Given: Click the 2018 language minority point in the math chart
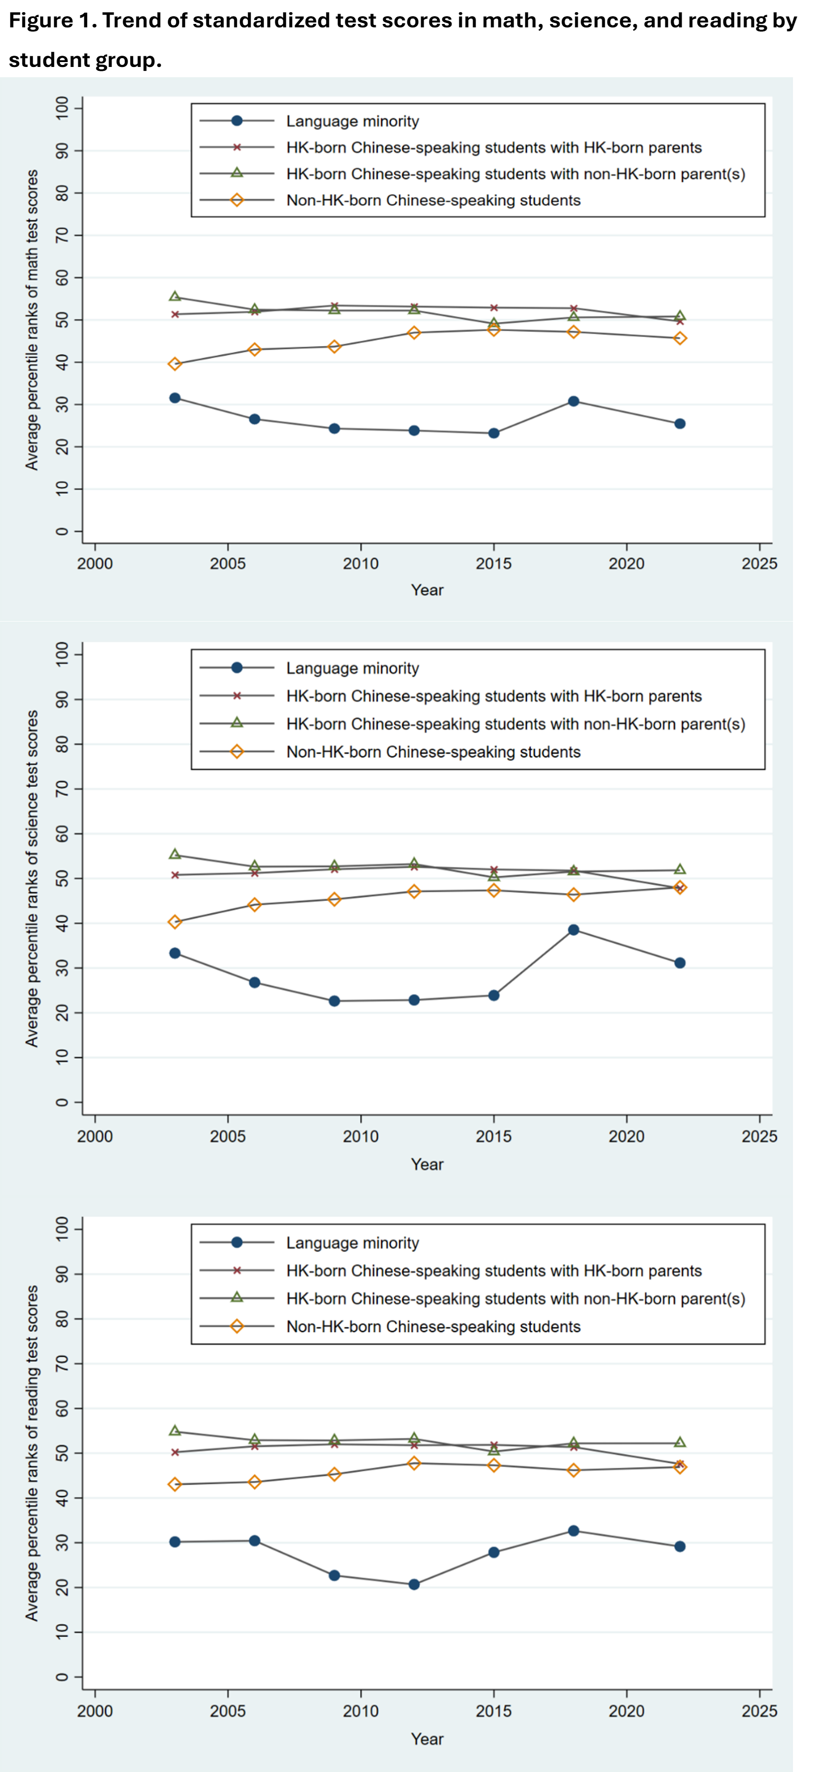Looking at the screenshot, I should pos(573,401).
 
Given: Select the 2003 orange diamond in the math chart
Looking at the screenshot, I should pos(175,364).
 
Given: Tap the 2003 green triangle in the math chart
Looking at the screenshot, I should pos(175,297).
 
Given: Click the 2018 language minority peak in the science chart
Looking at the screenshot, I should pos(573,930).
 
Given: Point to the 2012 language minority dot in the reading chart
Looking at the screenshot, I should pos(414,1584).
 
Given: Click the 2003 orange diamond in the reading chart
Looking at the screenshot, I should pos(175,1485).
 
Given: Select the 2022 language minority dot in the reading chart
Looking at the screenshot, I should pos(680,1546).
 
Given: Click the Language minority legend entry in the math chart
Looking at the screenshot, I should pos(352,121).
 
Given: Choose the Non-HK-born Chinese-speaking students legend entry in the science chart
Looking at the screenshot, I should pos(433,752).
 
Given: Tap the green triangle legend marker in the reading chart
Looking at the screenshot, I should pos(237,1297).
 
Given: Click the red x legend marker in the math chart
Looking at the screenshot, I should pos(237,147).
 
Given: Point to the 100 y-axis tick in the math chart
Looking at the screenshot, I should pos(62,108).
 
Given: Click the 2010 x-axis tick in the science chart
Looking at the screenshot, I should pos(361,1136).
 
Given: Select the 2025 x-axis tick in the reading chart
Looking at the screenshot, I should pos(759,1711).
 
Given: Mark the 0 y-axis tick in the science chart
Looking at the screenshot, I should pos(62,1102).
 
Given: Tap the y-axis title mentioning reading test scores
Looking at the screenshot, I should pos(32,1453).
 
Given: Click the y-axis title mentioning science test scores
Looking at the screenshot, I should pos(32,879).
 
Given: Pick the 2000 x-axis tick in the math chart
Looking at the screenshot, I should pos(95,564).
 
